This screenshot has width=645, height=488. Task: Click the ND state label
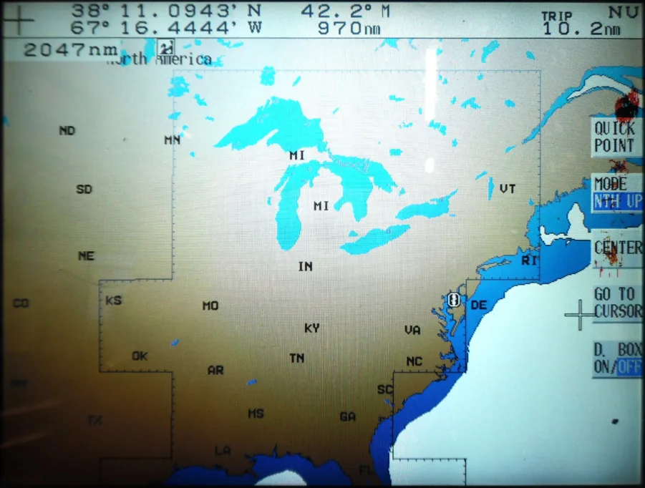point(67,131)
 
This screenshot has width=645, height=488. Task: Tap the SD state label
point(84,190)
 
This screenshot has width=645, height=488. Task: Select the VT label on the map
point(508,189)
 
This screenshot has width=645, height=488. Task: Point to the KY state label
point(312,328)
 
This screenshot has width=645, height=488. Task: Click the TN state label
point(297,358)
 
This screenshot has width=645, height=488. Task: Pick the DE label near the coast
point(478,306)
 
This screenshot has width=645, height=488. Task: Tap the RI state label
point(528,260)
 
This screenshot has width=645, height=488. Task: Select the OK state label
point(140,356)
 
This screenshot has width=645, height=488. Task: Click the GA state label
point(348,416)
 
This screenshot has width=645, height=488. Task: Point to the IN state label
point(306,267)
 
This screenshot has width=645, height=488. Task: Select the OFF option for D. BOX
point(629,367)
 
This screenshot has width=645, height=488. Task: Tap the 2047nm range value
point(70,50)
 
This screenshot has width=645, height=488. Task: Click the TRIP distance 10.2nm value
point(581,29)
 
